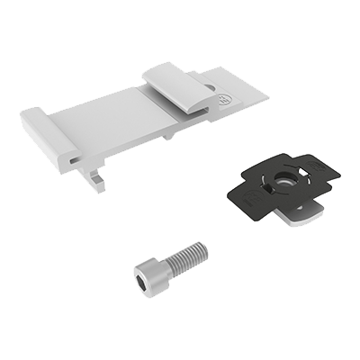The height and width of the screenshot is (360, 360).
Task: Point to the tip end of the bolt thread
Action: pos(203,249)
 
